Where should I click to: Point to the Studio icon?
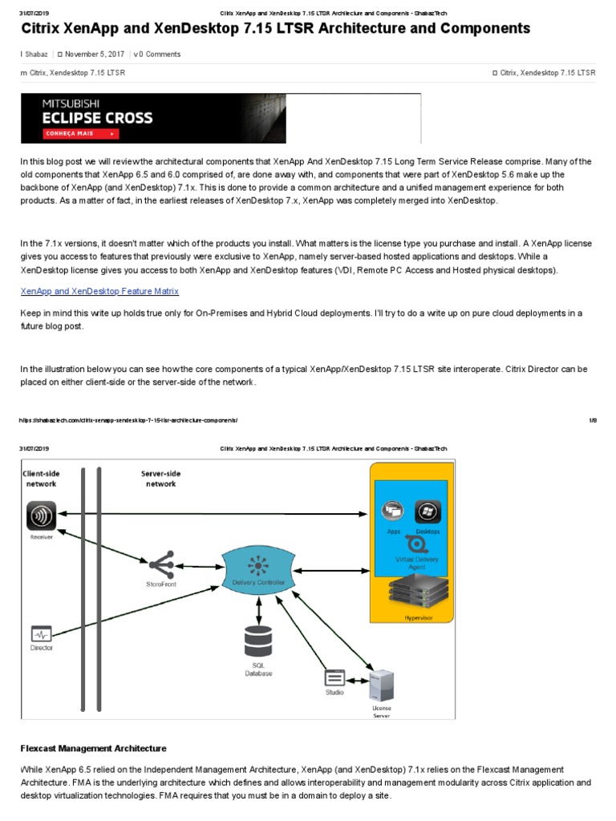pyautogui.click(x=334, y=677)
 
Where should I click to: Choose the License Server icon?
pyautogui.click(x=382, y=686)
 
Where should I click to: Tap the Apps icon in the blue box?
pyautogui.click(x=393, y=512)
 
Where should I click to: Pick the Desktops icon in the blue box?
pyautogui.click(x=428, y=512)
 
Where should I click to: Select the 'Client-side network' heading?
pyautogui.click(x=42, y=479)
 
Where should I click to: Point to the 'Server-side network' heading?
pyautogui.click(x=158, y=479)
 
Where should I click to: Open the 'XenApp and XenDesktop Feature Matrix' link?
pyautogui.click(x=99, y=291)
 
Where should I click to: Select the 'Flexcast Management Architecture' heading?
pyautogui.click(x=93, y=748)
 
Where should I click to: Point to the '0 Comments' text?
pyautogui.click(x=159, y=55)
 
